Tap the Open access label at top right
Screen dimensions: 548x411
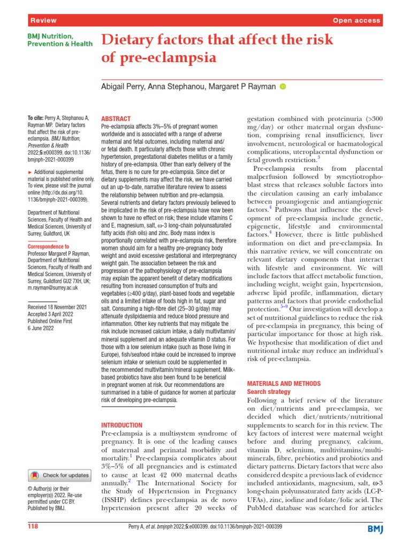(x=356, y=20)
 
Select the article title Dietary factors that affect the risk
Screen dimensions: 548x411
(x=217, y=40)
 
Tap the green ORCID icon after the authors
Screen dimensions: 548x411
(x=283, y=87)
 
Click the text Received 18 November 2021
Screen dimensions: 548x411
(x=57, y=307)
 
